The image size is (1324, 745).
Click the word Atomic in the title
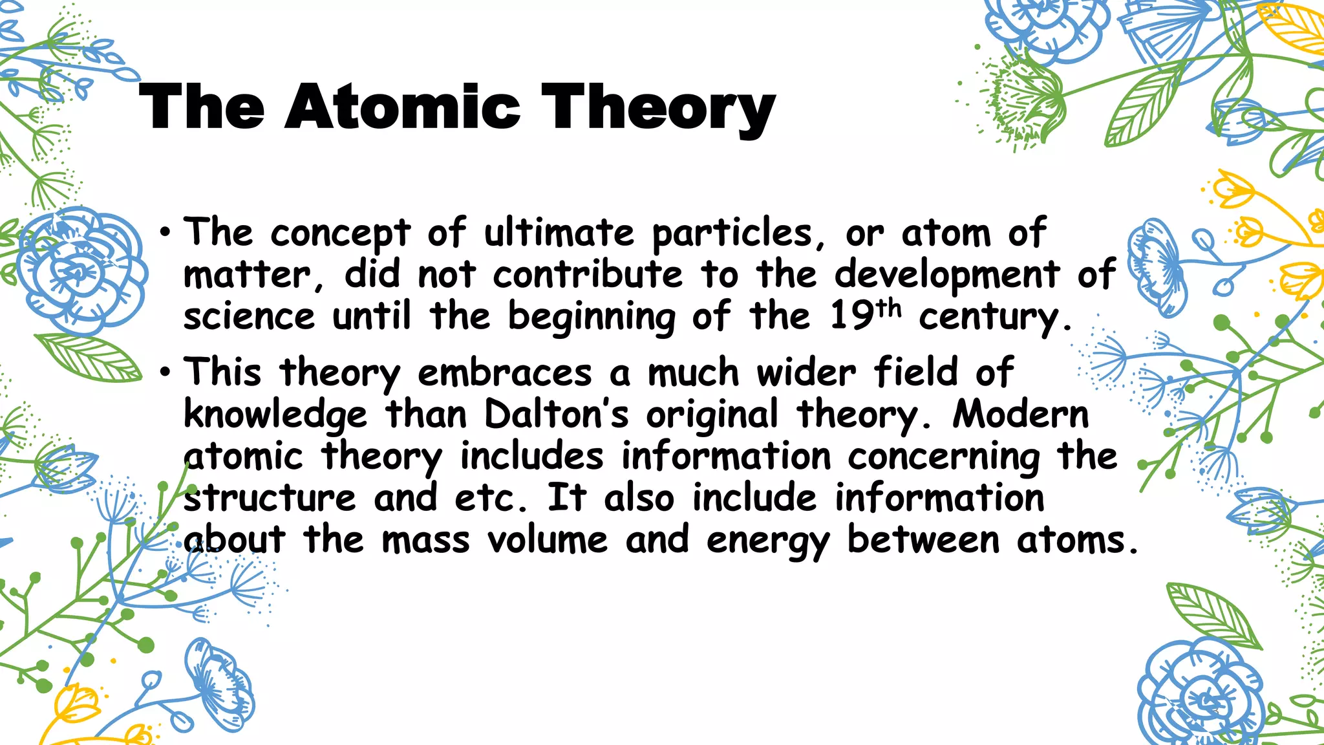[401, 107]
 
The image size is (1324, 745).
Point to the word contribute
[588, 275]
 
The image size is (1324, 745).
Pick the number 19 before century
[853, 317]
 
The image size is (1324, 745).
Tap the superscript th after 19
[889, 308]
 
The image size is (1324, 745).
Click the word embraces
[505, 373]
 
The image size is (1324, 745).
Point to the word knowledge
[275, 415]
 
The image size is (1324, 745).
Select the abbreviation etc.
[491, 499]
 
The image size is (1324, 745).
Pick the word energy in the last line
[768, 542]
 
